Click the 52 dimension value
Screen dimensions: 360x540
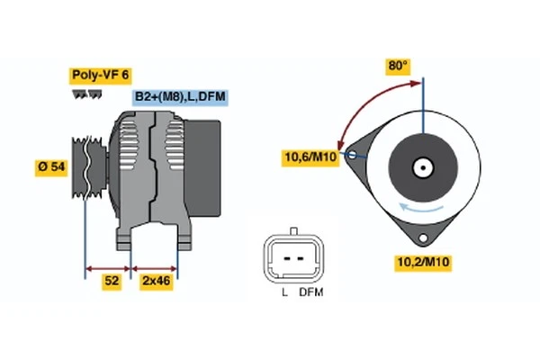(x=111, y=282)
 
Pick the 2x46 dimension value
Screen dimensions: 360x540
(x=157, y=282)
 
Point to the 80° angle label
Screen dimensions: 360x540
(x=398, y=66)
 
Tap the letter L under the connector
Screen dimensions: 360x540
(x=283, y=292)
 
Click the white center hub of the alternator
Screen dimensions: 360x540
(x=422, y=167)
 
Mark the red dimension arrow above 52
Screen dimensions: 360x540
(x=109, y=267)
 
